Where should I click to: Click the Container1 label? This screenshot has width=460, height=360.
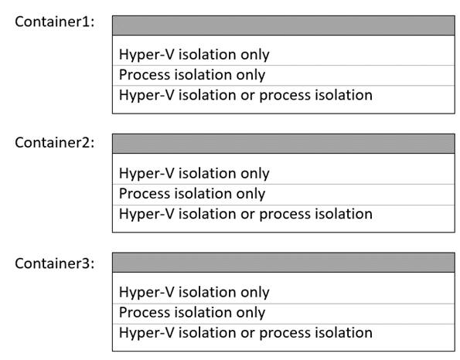click(55, 22)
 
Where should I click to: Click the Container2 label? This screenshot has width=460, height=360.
click(55, 142)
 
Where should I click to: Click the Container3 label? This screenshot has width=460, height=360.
click(55, 263)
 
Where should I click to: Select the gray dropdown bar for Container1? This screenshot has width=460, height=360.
click(284, 25)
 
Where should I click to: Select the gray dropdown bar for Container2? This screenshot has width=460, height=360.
click(284, 144)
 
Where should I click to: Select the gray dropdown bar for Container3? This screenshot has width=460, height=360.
click(284, 263)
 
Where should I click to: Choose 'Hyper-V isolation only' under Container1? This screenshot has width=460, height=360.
click(194, 55)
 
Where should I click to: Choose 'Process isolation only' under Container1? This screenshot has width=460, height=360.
click(193, 75)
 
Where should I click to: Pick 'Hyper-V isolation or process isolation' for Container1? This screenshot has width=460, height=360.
click(246, 95)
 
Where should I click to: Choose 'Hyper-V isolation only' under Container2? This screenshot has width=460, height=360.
click(194, 174)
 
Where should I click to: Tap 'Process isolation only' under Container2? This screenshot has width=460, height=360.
click(193, 194)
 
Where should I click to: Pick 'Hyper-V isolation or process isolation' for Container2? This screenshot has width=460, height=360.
click(246, 214)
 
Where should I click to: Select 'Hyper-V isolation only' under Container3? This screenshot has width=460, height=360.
click(194, 292)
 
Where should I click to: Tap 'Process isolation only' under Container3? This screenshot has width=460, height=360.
click(193, 313)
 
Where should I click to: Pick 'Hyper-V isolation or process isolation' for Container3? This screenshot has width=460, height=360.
click(246, 333)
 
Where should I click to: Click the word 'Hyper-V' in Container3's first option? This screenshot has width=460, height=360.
click(147, 292)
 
